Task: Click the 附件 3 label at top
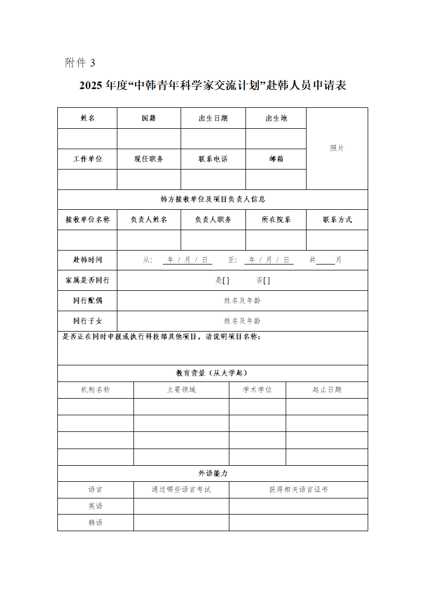tap(80, 63)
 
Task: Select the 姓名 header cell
tap(87, 118)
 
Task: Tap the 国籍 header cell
tap(149, 118)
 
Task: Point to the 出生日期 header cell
tap(213, 118)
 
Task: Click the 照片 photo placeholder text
tap(337, 148)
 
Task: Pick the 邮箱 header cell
tap(276, 159)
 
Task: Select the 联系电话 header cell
tap(213, 159)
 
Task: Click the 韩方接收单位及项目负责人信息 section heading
tap(213, 199)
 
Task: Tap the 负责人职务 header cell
tap(213, 219)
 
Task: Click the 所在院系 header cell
tap(276, 219)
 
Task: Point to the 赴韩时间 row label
tap(87, 260)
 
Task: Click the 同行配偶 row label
tap(87, 300)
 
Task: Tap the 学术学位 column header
tap(257, 390)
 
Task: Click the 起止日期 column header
tap(327, 390)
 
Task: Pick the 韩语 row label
tap(95, 522)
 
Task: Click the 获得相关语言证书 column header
tap(298, 489)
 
